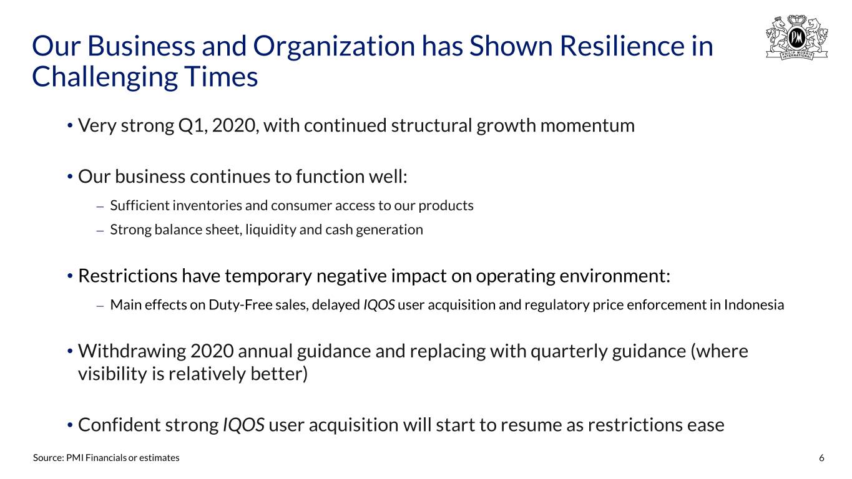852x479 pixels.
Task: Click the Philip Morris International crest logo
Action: point(796,37)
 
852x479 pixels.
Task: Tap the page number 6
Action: point(821,458)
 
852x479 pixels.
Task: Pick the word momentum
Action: point(587,126)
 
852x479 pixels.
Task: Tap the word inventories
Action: point(207,206)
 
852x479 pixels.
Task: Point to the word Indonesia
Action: point(753,305)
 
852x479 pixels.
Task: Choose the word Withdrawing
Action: point(132,351)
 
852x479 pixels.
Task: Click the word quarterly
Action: point(569,352)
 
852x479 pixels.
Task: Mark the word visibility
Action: point(112,374)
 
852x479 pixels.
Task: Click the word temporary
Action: point(268,276)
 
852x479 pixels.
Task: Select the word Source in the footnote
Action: point(48,458)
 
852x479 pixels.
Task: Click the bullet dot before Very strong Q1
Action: point(70,126)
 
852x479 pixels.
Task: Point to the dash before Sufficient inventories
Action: point(100,207)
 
